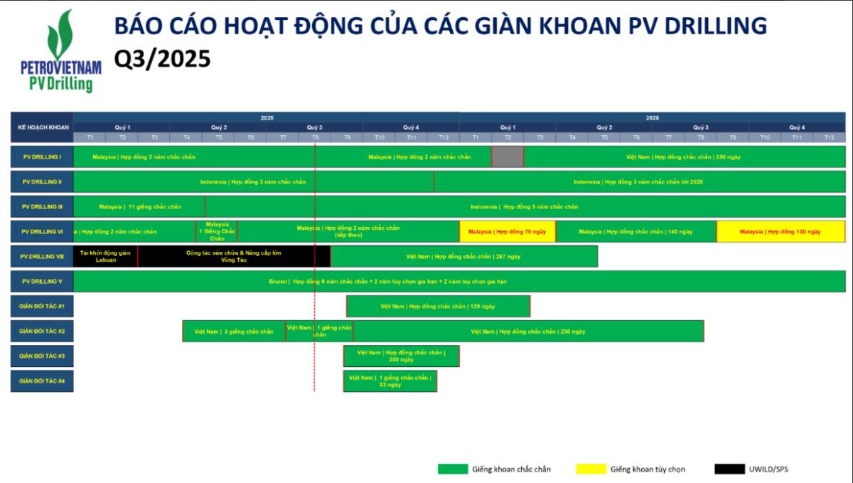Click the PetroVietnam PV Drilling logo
60,51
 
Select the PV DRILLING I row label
42,156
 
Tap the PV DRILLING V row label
42,281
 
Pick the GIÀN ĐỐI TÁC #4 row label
42,381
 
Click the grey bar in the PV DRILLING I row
508,156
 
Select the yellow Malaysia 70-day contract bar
508,231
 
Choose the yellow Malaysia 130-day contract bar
780,231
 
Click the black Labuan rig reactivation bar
105,256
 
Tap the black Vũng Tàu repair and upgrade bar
234,256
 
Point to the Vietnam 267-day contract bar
464,256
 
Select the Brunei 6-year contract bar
459,281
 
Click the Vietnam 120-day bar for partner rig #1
438,306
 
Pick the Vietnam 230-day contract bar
528,331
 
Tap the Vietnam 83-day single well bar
390,381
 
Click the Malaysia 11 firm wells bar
139,206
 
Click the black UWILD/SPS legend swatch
729,469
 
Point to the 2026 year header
652,117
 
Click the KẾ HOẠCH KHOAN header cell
42,127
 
